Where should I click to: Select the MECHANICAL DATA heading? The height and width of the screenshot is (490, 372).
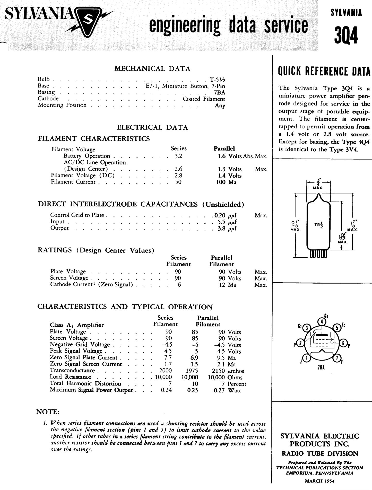coord(152,69)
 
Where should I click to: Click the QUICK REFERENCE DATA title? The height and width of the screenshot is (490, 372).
coord(324,71)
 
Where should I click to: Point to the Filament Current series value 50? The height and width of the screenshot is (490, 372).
coord(178,182)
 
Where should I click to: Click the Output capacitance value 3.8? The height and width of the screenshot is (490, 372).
coord(222,228)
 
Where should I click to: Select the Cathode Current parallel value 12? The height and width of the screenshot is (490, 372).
coord(222,285)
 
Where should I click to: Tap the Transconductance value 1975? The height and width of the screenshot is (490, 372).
coord(192,371)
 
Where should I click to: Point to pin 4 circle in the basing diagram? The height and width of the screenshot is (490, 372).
coord(322,321)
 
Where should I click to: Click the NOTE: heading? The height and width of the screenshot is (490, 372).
coord(48,412)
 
